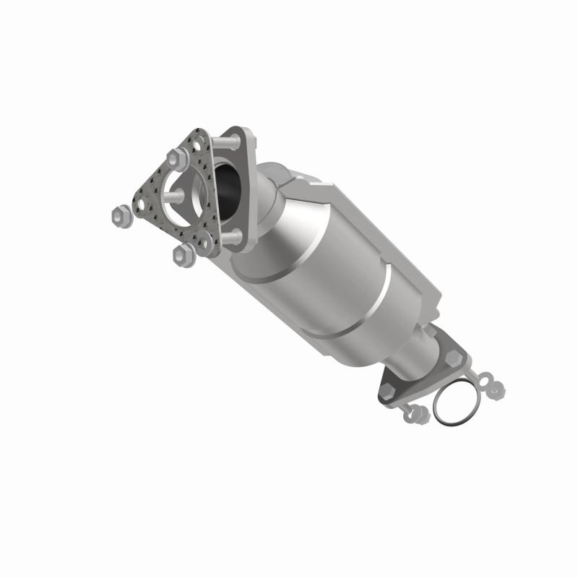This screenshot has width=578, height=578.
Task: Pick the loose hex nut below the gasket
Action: pos(183,253)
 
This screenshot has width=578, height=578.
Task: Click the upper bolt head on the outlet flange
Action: pos(453,357)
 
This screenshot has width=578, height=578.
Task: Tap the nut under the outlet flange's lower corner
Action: pos(417,414)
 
